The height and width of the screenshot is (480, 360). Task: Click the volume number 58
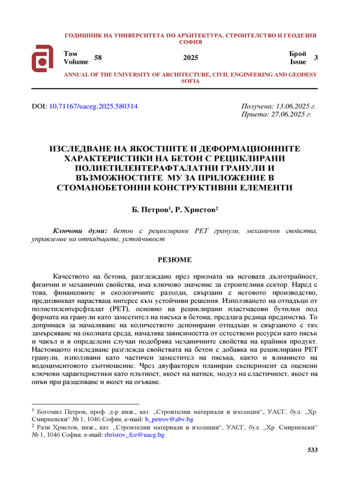[x=99, y=57]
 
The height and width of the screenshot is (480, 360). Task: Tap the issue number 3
[x=316, y=57]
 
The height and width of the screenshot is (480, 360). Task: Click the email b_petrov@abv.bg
[x=169, y=419]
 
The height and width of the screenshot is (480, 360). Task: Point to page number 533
[x=312, y=450]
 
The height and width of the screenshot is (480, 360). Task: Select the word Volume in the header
[x=76, y=62]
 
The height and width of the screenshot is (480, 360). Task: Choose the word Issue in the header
[x=298, y=62]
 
